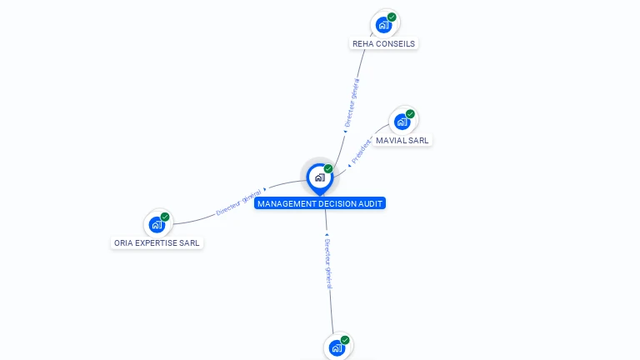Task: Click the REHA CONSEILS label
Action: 383,43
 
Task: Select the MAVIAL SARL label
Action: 402,140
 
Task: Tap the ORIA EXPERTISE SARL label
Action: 157,243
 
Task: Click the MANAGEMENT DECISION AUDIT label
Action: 321,203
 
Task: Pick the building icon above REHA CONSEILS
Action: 382,24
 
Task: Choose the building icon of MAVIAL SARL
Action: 402,122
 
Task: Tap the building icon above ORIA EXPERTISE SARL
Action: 157,224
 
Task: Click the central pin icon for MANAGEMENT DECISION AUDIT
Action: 319,177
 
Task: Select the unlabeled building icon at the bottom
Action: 337,348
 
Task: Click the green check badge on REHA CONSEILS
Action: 392,17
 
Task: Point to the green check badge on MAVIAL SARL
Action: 411,113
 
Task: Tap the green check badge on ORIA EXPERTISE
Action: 165,217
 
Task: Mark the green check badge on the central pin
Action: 328,169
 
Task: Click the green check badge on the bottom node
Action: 345,340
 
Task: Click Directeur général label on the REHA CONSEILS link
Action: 352,101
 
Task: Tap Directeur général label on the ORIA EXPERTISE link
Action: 239,202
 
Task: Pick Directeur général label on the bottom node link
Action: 328,262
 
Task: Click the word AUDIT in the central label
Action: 371,203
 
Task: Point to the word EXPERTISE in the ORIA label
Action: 161,243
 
